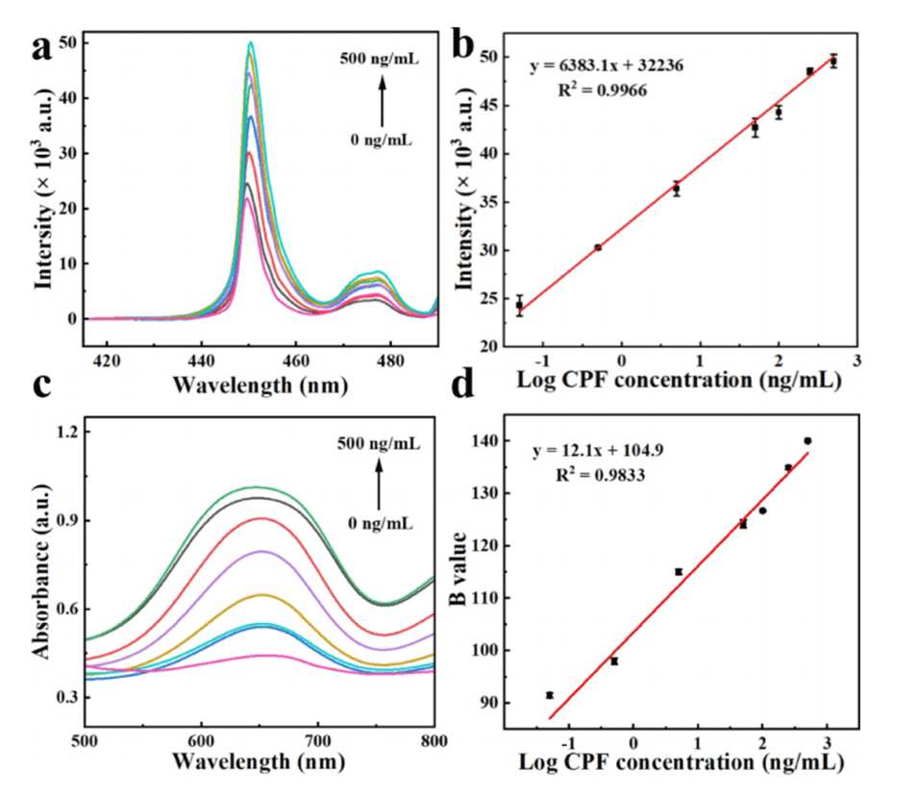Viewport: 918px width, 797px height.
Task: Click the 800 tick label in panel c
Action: click(x=434, y=740)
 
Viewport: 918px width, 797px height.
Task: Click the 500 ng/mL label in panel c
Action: click(x=378, y=444)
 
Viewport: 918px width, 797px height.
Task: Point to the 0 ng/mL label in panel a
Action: click(x=382, y=139)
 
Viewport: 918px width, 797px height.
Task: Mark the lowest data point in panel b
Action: click(x=519, y=307)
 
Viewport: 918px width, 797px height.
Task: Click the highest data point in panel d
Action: click(x=807, y=440)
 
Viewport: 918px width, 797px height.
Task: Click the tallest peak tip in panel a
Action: click(x=250, y=42)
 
